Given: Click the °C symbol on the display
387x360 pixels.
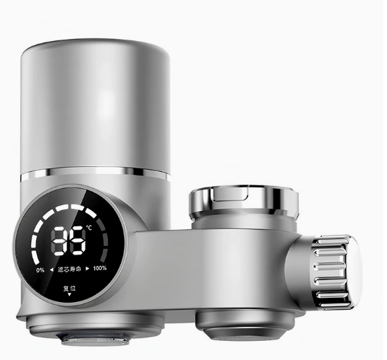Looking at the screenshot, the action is click(x=89, y=228).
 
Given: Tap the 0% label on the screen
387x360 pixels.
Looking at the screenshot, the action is click(x=40, y=270).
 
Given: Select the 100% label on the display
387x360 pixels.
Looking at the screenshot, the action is click(x=100, y=268).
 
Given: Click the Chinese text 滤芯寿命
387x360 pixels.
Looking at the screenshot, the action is click(x=69, y=269).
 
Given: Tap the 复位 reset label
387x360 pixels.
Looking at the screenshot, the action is click(x=69, y=288).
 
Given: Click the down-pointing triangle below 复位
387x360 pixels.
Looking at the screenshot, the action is click(x=69, y=294).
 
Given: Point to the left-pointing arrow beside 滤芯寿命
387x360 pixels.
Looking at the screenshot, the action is click(x=52, y=269).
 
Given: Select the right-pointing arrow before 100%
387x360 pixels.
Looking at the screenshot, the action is click(x=87, y=269).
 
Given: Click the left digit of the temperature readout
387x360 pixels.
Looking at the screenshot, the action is click(x=59, y=240).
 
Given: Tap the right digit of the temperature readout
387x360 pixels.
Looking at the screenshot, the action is click(x=78, y=240).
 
